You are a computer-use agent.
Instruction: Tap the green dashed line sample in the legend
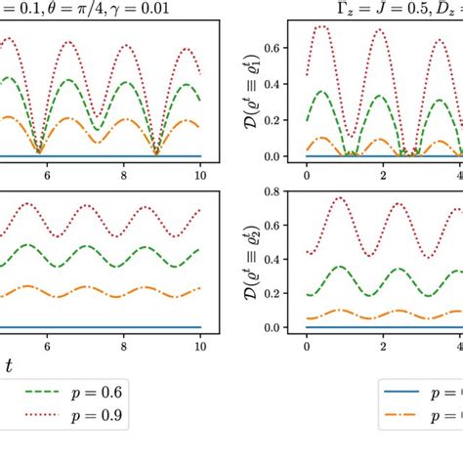[29, 392]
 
